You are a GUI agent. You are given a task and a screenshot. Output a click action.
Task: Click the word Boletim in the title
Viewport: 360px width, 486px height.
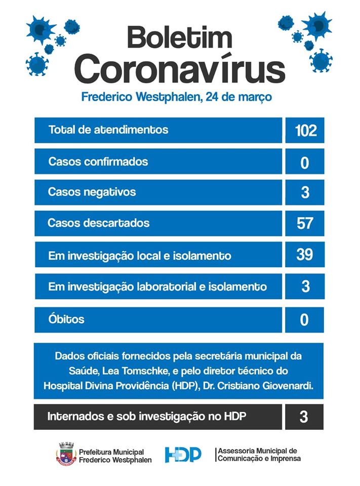point(179,38)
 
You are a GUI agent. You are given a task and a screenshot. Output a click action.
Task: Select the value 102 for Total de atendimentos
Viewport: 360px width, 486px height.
point(305,131)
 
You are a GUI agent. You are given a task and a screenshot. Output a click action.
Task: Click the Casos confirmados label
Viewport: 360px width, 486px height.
point(98,161)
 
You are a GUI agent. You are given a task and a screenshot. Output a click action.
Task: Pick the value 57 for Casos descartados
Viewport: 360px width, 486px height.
point(305,223)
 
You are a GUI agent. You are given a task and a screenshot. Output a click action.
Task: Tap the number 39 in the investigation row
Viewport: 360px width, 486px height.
point(305,255)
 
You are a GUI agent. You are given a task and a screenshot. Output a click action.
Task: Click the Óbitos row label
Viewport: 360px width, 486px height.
point(66,319)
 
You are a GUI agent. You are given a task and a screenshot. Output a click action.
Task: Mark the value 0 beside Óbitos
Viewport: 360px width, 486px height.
point(304,320)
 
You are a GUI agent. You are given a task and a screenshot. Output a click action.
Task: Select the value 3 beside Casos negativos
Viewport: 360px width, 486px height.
point(305,192)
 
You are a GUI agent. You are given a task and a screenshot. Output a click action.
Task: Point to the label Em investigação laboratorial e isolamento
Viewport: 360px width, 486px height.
point(157,287)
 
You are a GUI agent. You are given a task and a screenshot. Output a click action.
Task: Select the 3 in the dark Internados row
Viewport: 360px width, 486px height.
point(304,417)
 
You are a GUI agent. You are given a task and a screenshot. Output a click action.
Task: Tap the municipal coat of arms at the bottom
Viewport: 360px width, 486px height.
point(66,453)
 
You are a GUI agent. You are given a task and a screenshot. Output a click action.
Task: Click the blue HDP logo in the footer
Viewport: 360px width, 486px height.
point(183,454)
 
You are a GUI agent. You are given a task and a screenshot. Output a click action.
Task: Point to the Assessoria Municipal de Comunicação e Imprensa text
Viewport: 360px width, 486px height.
point(259,454)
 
